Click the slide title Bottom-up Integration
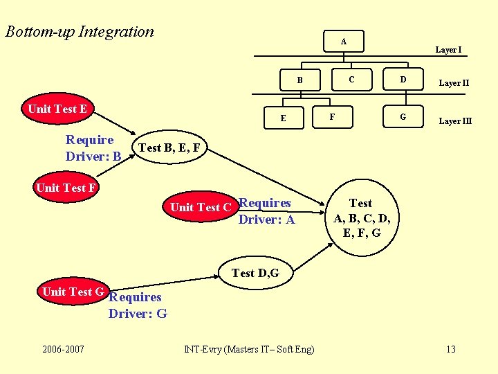pos(80,32)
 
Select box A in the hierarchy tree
pos(343,42)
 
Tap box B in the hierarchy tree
pos(299,80)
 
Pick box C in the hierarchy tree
pos(351,80)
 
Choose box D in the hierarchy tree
pos(403,80)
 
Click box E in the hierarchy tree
pos(283,118)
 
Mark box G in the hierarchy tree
pos(403,117)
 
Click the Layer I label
pos(448,50)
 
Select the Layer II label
pos(454,83)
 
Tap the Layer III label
pos(455,121)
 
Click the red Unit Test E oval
pos(57,109)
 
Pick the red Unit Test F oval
pos(66,188)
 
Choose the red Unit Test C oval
pos(199,207)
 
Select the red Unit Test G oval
pos(73,292)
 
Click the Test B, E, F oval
pos(169,147)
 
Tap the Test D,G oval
pos(255,273)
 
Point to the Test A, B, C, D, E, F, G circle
pos(361,217)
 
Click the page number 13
pos(450,348)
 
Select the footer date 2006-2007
pos(62,348)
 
